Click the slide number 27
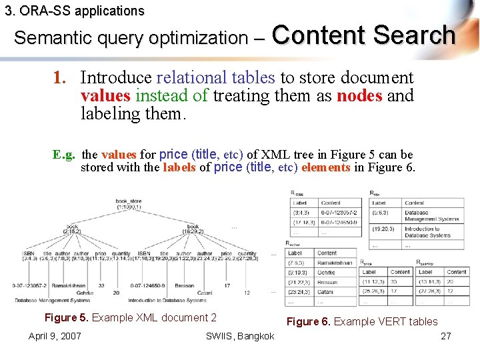click(x=446, y=335)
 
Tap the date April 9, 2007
click(x=55, y=335)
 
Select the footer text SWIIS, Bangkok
click(x=240, y=335)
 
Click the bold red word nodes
click(x=359, y=95)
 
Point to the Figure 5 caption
click(x=130, y=317)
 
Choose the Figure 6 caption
click(x=362, y=321)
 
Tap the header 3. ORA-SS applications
click(x=73, y=11)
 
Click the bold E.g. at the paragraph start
click(x=65, y=155)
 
